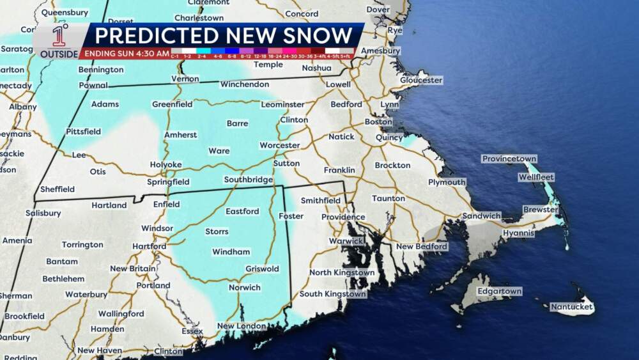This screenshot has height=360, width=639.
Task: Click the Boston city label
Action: (x=378, y=121)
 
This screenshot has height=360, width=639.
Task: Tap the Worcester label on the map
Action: (x=279, y=145)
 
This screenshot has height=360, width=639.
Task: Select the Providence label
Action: (x=343, y=217)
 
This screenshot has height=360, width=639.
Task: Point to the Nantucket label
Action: (x=573, y=308)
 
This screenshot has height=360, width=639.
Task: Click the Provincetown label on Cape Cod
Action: (x=509, y=159)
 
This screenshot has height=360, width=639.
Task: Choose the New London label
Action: (x=242, y=326)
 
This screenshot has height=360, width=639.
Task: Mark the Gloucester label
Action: (x=421, y=80)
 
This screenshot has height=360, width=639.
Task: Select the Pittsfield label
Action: (x=83, y=131)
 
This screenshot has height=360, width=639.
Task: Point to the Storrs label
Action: (x=217, y=231)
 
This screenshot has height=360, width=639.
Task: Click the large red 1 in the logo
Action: (x=58, y=37)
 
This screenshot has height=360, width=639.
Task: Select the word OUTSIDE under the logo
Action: (x=59, y=54)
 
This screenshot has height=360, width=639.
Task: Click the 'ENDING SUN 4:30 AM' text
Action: (x=127, y=53)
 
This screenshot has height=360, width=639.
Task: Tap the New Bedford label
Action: (x=422, y=246)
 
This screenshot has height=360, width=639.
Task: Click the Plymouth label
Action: (x=447, y=182)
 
